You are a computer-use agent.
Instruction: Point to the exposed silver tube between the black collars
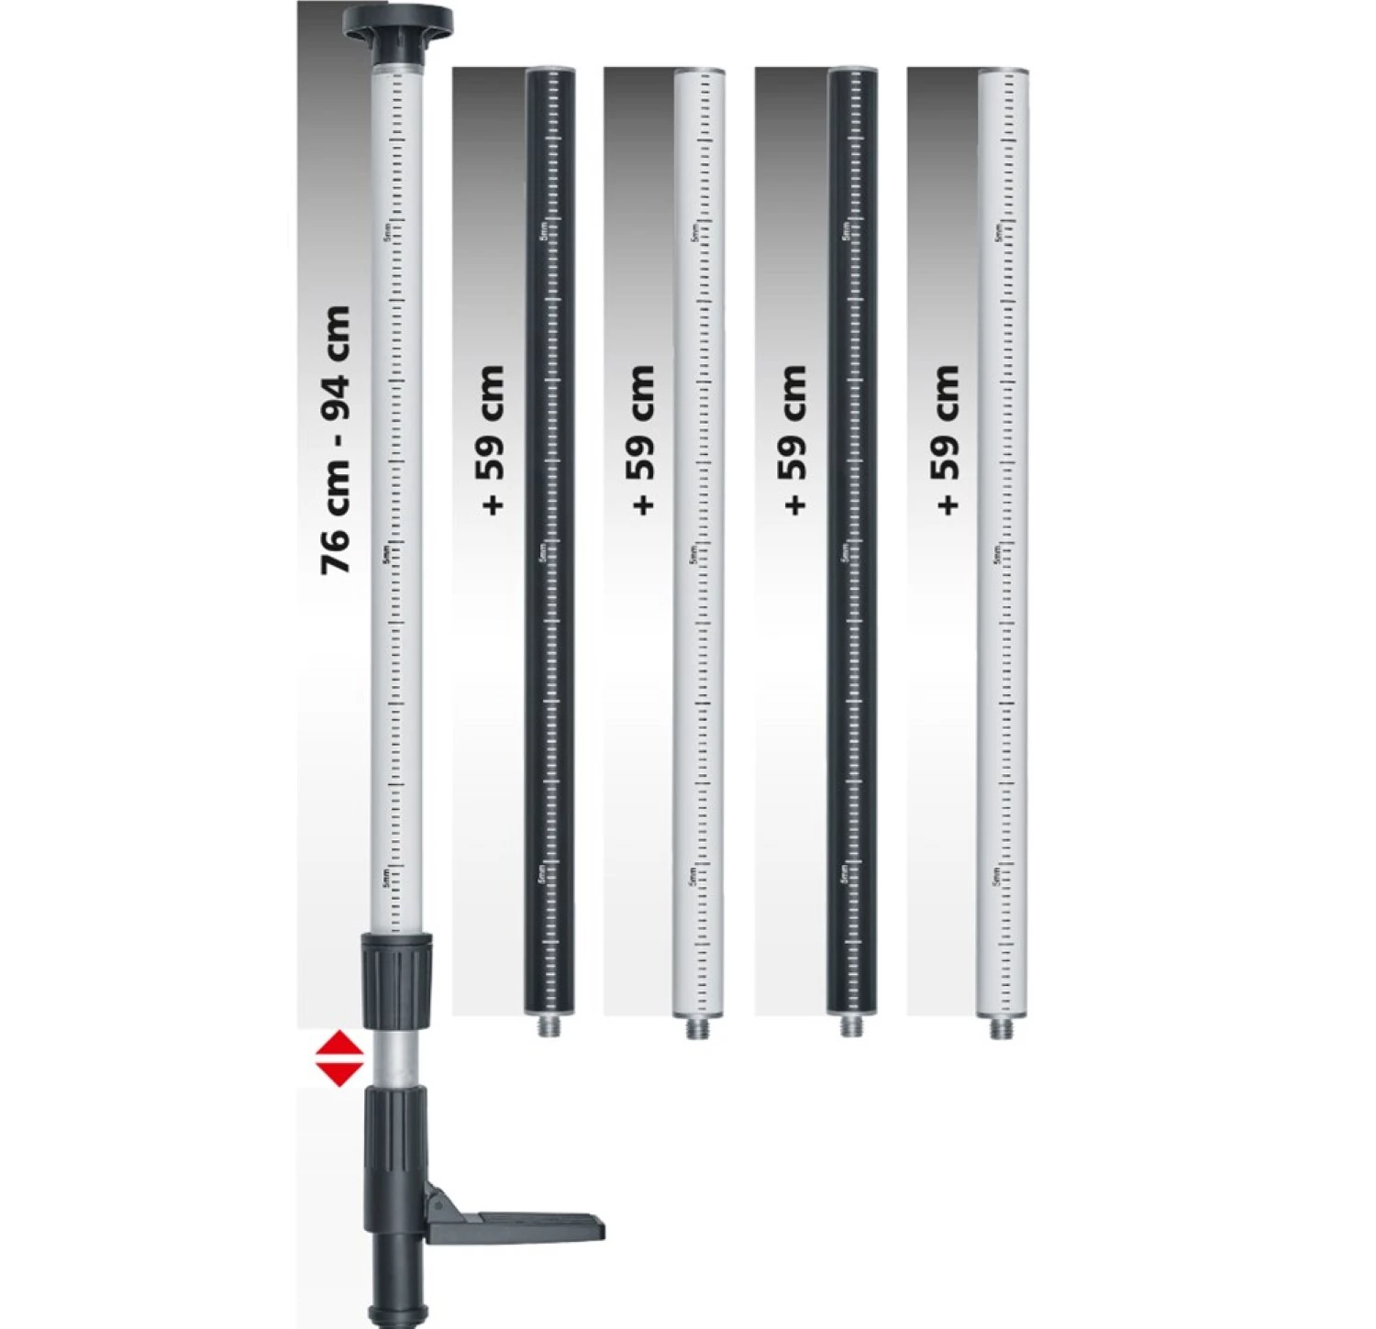395,1057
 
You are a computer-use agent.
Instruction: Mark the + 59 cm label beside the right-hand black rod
794,440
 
